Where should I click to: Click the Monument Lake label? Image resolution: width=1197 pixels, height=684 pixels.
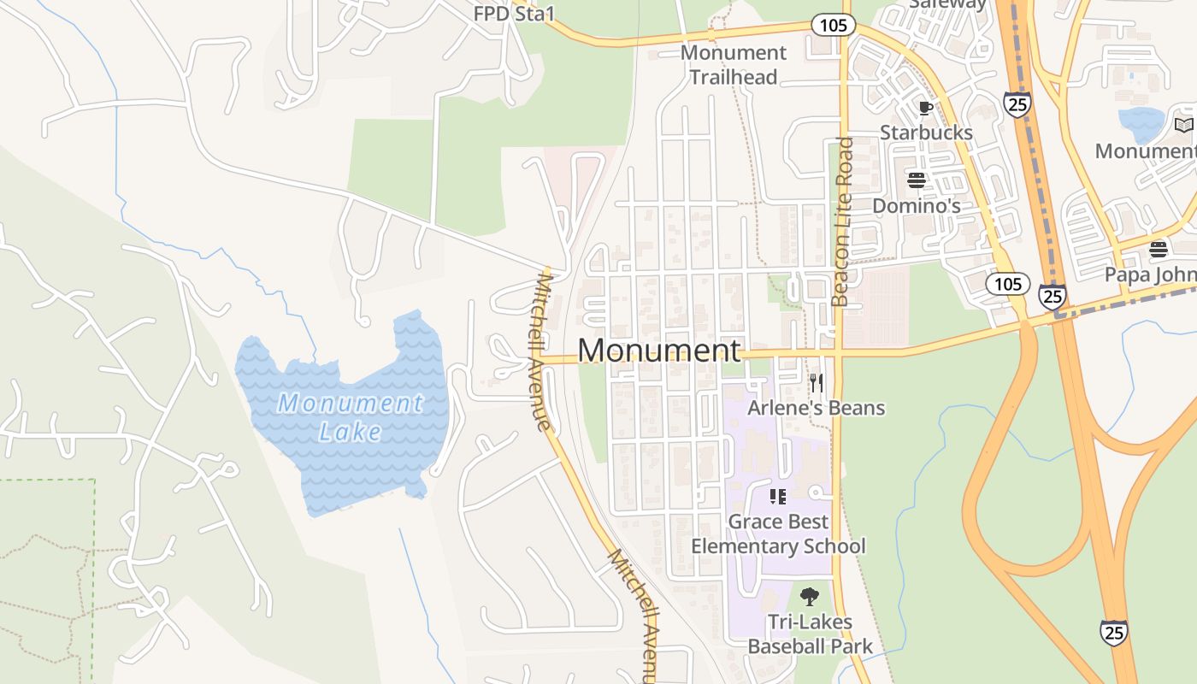point(350,416)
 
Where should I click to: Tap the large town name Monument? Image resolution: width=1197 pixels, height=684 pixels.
point(659,351)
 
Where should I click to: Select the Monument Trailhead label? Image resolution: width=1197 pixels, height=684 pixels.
point(733,65)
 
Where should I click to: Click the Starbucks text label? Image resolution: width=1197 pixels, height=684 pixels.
point(926,133)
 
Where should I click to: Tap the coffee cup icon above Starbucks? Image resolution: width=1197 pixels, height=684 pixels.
point(924,108)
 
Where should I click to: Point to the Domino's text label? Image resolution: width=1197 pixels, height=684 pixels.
point(916,206)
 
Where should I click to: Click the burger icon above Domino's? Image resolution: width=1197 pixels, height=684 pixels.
point(917,180)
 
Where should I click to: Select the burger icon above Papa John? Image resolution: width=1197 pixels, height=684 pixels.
point(1159,249)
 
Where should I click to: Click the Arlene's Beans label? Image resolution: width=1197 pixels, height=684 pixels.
point(816,408)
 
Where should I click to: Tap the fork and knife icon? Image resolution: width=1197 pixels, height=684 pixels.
point(816,381)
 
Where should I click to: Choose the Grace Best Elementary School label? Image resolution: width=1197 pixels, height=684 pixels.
point(778,534)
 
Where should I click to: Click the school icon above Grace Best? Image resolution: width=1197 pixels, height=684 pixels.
point(777,496)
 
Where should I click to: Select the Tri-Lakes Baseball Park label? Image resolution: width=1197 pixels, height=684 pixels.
point(810,634)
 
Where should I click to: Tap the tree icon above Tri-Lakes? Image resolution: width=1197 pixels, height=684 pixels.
point(809,596)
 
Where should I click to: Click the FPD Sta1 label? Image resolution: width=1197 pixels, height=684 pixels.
point(515,14)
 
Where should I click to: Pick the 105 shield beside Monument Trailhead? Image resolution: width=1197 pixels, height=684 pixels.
point(833,25)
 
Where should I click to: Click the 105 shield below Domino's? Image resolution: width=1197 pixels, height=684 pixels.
point(1007,283)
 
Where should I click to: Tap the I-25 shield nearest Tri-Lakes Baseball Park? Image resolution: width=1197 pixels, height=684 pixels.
point(1113,632)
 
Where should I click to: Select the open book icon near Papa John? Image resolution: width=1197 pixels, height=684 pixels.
point(1183,126)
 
